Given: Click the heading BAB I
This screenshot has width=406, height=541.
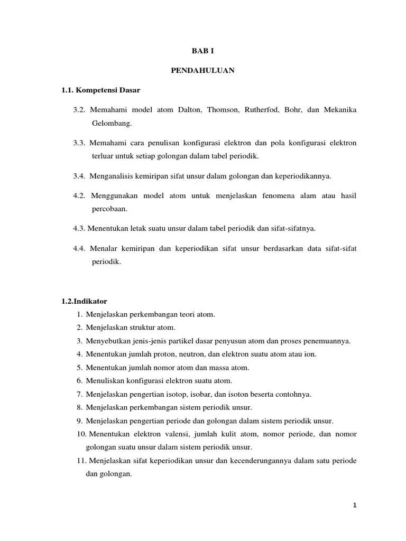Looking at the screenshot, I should coord(202,51).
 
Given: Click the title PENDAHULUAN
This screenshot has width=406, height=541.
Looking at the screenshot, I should coord(202,70).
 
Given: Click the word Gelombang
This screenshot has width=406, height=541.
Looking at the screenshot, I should coord(111,123).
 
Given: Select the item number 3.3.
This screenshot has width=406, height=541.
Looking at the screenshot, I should coord(79,143).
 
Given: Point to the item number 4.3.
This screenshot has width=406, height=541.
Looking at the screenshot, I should coord(79,228).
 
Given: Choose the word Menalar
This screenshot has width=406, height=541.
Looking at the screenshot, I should coord(103,248).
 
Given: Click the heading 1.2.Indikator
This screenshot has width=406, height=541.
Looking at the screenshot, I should coord(84,301).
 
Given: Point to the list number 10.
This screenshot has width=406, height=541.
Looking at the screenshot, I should coord(82,434).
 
